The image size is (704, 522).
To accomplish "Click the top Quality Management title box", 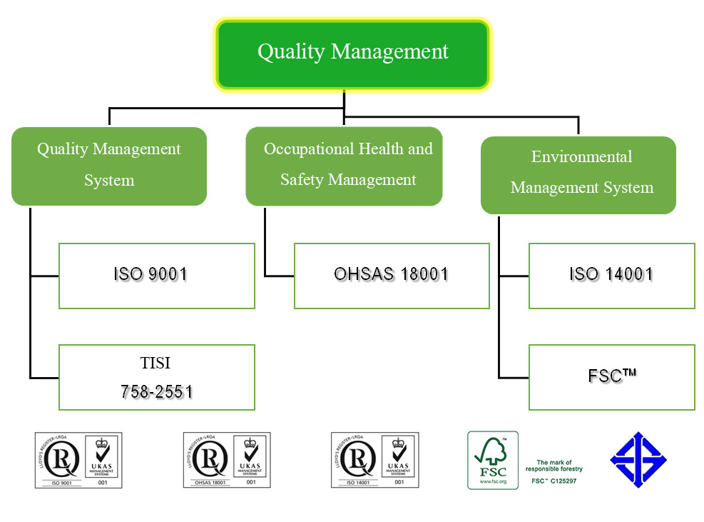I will [352, 54].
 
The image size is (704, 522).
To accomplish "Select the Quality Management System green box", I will [109, 166].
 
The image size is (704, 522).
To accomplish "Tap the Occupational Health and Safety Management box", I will [344, 166].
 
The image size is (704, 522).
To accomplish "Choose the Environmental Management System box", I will [578, 174].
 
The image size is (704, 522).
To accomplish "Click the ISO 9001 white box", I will [156, 276].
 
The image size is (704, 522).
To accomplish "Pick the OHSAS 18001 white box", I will [392, 276].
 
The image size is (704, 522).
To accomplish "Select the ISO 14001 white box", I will [611, 276].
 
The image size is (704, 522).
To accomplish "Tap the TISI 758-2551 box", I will [156, 377].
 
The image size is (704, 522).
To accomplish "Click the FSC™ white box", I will [611, 377].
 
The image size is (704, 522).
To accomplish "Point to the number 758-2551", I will [156, 391].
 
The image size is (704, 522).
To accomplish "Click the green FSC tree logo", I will [493, 460].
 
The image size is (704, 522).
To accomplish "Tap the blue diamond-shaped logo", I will [638, 460].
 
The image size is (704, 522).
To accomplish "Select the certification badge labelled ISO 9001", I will [78, 460].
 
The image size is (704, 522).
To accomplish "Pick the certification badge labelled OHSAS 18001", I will [227, 460].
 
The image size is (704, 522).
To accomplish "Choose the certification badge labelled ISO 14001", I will [374, 460].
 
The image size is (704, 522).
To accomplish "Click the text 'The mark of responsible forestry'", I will [554, 466].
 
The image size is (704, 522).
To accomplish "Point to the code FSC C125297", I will [554, 481].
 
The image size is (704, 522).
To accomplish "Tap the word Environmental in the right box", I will [581, 157].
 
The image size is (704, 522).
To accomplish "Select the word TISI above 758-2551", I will [156, 363].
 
